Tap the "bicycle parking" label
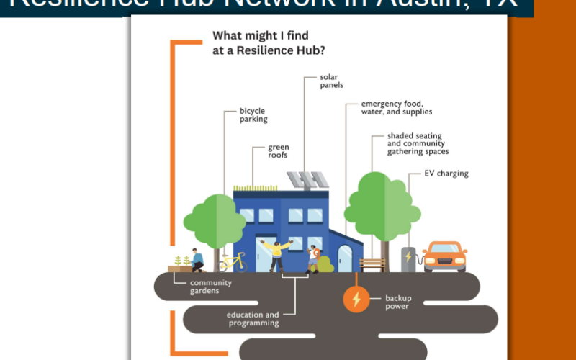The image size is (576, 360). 253,115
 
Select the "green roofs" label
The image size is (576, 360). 279,151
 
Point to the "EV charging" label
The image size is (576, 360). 446,174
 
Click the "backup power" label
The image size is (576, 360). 398,302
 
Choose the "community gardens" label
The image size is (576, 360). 211,287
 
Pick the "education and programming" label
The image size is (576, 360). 253,319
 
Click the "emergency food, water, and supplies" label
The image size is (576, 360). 397,107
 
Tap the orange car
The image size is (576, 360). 444,256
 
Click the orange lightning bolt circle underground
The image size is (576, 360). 355,299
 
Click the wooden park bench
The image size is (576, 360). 372,264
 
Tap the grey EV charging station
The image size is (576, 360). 408,258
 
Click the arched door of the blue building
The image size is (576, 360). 345,258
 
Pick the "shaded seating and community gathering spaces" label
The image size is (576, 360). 418,143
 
